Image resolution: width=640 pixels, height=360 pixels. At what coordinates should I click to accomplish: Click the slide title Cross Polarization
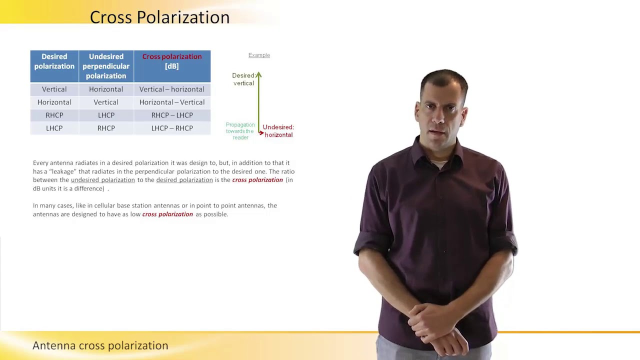click(x=159, y=17)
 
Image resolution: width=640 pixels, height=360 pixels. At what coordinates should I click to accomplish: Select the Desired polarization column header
click(x=54, y=61)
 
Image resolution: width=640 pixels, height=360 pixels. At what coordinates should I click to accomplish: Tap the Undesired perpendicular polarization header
click(x=106, y=66)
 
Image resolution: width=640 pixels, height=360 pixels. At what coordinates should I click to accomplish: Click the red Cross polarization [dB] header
click(x=172, y=61)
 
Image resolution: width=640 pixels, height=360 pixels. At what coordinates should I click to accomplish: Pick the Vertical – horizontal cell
click(x=171, y=89)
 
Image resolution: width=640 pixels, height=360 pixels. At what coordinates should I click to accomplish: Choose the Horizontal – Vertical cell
click(x=171, y=102)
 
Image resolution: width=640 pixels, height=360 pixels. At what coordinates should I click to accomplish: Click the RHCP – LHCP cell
click(x=171, y=115)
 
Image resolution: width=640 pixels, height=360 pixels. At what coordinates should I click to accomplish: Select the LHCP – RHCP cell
click(x=171, y=128)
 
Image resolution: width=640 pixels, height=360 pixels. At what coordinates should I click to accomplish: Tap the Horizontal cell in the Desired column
click(x=54, y=102)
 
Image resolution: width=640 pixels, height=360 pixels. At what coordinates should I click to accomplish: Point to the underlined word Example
click(x=259, y=55)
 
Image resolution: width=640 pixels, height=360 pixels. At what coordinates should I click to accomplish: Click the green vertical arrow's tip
click(x=258, y=75)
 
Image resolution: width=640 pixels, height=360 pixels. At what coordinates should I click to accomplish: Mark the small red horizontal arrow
click(x=261, y=133)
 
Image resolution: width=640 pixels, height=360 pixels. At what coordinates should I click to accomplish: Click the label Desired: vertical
click(x=243, y=79)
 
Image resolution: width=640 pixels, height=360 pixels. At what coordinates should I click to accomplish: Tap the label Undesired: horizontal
click(x=278, y=131)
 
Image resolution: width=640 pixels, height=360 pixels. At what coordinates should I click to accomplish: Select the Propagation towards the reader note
click(x=240, y=131)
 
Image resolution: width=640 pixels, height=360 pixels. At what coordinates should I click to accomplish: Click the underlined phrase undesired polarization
click(x=102, y=180)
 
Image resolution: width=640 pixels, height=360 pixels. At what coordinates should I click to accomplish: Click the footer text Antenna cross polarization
click(x=100, y=345)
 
